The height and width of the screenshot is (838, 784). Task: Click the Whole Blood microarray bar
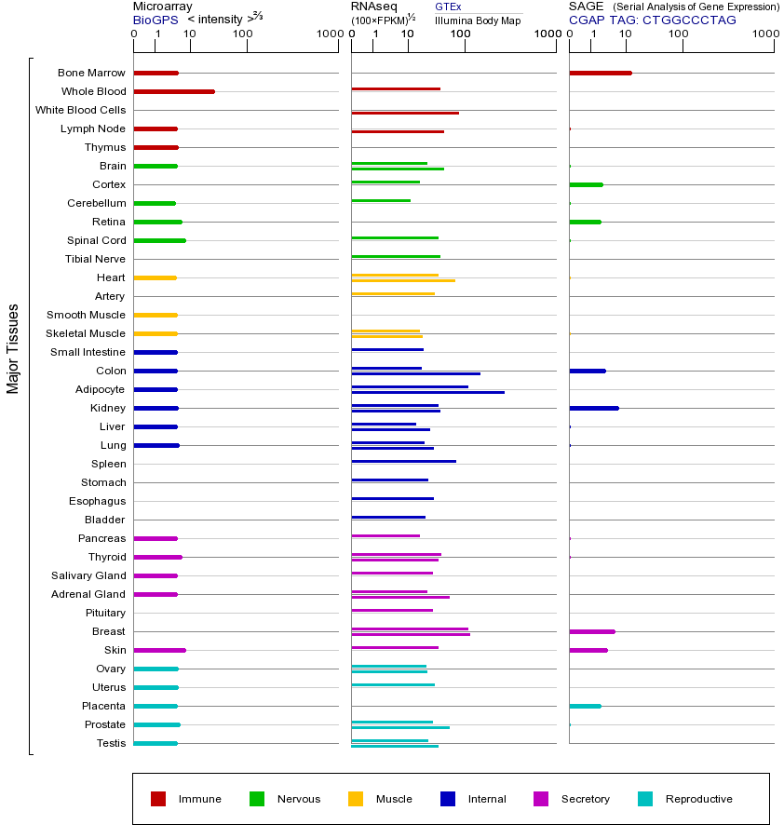point(174,91)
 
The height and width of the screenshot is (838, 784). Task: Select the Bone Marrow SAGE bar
point(601,73)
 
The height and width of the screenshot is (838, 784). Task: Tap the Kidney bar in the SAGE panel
point(594,408)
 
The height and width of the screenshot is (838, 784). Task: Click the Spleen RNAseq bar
point(403,461)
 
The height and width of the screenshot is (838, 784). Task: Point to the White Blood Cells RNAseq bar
point(405,113)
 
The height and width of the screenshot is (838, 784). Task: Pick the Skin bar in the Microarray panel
point(159,650)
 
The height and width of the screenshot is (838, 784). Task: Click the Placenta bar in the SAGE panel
point(585,706)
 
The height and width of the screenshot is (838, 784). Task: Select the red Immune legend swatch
point(158,799)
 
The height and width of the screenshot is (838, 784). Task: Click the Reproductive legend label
point(698,799)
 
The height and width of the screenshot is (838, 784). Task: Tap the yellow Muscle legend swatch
point(356,799)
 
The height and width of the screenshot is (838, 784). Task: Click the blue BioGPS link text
point(155,20)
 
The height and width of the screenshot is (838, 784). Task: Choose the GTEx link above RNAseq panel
point(448,7)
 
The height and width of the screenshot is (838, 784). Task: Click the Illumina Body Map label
point(478,20)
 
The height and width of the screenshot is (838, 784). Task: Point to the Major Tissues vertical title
point(13,348)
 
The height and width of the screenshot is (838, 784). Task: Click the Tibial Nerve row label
point(95,259)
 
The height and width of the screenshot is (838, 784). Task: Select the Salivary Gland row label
point(88,575)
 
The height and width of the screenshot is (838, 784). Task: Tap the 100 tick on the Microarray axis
point(242,34)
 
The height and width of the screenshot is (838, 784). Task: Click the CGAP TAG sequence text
point(652,20)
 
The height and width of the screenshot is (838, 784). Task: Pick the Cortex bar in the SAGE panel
point(586,184)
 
